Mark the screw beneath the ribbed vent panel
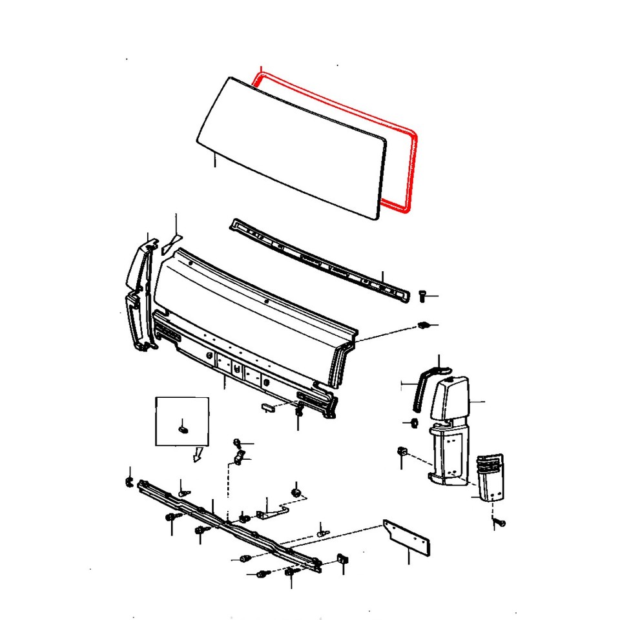tap(499, 520)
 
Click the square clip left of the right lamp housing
tap(401, 450)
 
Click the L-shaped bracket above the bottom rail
tap(272, 512)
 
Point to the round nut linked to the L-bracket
tap(296, 493)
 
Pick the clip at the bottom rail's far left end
tap(128, 482)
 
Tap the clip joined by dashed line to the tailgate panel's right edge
tap(425, 324)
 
